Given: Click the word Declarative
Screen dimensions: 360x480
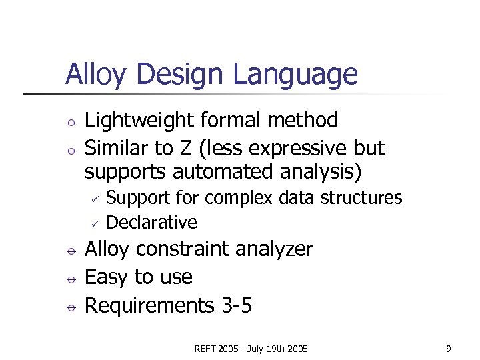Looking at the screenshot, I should coord(152,222).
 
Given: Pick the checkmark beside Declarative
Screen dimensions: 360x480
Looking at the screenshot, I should coord(95,223).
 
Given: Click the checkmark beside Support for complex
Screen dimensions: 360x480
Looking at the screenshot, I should coord(95,199).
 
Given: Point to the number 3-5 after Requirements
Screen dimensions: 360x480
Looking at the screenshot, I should coord(235,305).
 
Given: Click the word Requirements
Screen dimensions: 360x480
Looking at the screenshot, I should coord(150,305).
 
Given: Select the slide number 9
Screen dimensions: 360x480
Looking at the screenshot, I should coord(449,348).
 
